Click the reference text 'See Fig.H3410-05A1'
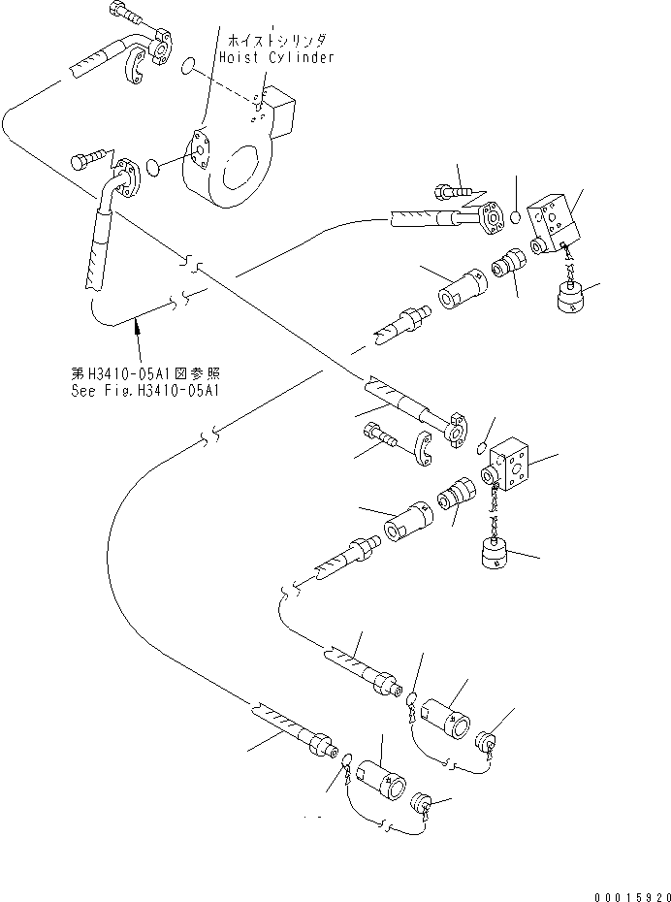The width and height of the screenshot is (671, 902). point(147,391)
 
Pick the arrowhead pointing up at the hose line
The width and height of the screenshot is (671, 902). point(138,330)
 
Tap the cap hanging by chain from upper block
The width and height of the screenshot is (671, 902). point(573,296)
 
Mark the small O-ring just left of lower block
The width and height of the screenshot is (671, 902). point(482,445)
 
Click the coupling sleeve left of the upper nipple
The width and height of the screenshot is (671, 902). point(462,288)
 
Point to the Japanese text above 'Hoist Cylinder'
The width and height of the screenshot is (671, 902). point(277,42)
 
